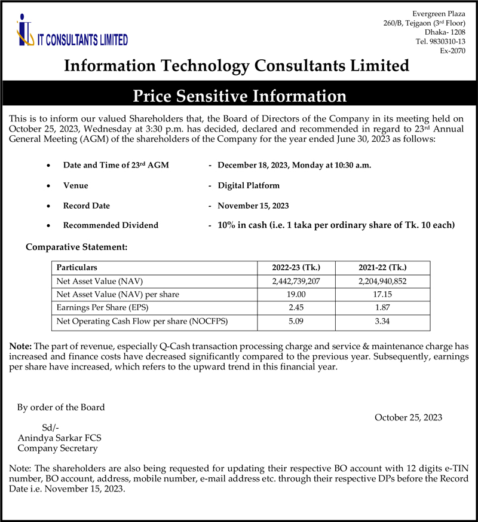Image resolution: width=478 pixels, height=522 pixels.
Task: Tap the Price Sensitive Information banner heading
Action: pyautogui.click(x=239, y=96)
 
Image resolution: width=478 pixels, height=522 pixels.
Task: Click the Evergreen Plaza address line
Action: pyautogui.click(x=439, y=13)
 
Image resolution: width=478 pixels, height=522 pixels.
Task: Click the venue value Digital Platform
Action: pyautogui.click(x=249, y=185)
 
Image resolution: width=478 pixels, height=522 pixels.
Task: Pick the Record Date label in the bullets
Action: pyautogui.click(x=87, y=206)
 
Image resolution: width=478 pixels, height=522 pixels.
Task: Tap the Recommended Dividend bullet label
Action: pyautogui.click(x=111, y=225)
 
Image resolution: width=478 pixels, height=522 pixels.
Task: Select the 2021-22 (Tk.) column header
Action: pyautogui.click(x=382, y=267)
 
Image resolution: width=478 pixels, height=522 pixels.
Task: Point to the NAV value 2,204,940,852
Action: pyautogui.click(x=382, y=281)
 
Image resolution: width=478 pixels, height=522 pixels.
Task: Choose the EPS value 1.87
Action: pyautogui.click(x=382, y=309)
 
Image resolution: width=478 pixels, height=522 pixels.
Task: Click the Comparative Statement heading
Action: pyautogui.click(x=76, y=246)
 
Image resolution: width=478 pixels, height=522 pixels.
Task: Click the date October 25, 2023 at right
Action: pyautogui.click(x=408, y=417)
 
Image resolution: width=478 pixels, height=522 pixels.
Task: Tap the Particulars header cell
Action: pyautogui.click(x=76, y=267)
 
